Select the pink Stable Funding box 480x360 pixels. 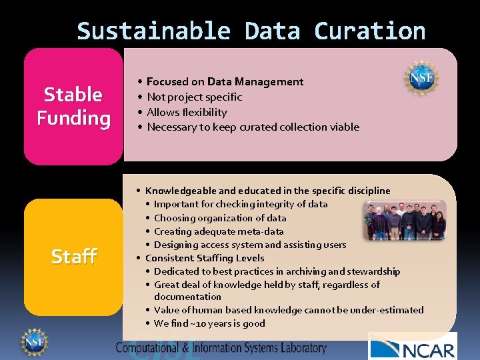point(73,106)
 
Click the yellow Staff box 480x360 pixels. point(73,256)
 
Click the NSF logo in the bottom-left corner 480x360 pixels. point(33,341)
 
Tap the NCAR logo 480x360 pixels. point(412,347)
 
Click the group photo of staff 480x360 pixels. point(405,221)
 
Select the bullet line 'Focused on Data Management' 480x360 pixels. point(225,82)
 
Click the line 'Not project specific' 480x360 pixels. point(194,97)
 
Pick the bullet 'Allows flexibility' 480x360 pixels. point(187,112)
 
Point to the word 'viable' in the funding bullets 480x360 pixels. point(344,127)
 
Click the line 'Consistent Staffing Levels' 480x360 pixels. point(205,258)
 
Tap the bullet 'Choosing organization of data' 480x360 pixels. point(220,218)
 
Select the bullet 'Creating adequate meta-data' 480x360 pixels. point(219,231)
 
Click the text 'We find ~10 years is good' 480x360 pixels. point(209,323)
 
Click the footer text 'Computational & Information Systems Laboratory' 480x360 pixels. point(221,347)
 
